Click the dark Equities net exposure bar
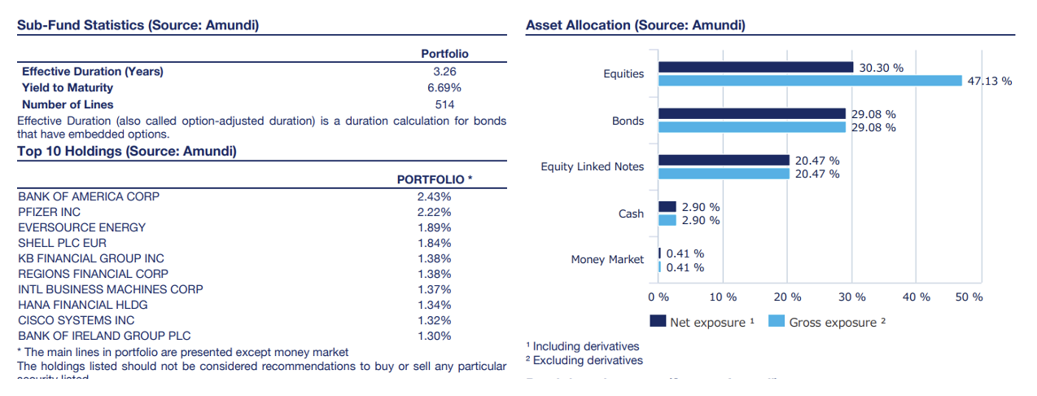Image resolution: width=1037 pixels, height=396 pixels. pyautogui.click(x=755, y=67)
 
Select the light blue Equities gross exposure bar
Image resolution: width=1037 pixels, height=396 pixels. pyautogui.click(x=810, y=80)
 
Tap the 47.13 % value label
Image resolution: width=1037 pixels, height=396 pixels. pyautogui.click(x=990, y=81)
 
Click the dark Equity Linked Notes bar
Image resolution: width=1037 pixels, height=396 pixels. pyautogui.click(x=724, y=161)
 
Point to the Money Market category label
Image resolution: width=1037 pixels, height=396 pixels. pyautogui.click(x=607, y=260)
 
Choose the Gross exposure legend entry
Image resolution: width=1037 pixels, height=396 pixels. pyautogui.click(x=827, y=322)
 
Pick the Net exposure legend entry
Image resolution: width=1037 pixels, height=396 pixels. pyautogui.click(x=702, y=322)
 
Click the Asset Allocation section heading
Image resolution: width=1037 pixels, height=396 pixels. pyautogui.click(x=636, y=25)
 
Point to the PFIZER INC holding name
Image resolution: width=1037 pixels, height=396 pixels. pyautogui.click(x=49, y=212)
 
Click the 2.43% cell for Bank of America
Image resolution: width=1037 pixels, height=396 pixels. pyautogui.click(x=434, y=196)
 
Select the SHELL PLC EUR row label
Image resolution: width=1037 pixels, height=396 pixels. pyautogui.click(x=62, y=243)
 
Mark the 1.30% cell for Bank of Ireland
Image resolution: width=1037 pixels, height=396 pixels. pyautogui.click(x=434, y=336)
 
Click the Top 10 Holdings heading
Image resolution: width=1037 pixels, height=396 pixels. pyautogui.click(x=126, y=151)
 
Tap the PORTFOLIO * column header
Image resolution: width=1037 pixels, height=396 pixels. pyautogui.click(x=435, y=179)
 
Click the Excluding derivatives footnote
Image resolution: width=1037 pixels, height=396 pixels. pyautogui.click(x=584, y=360)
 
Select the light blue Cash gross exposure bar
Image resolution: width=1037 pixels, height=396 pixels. pyautogui.click(x=667, y=220)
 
